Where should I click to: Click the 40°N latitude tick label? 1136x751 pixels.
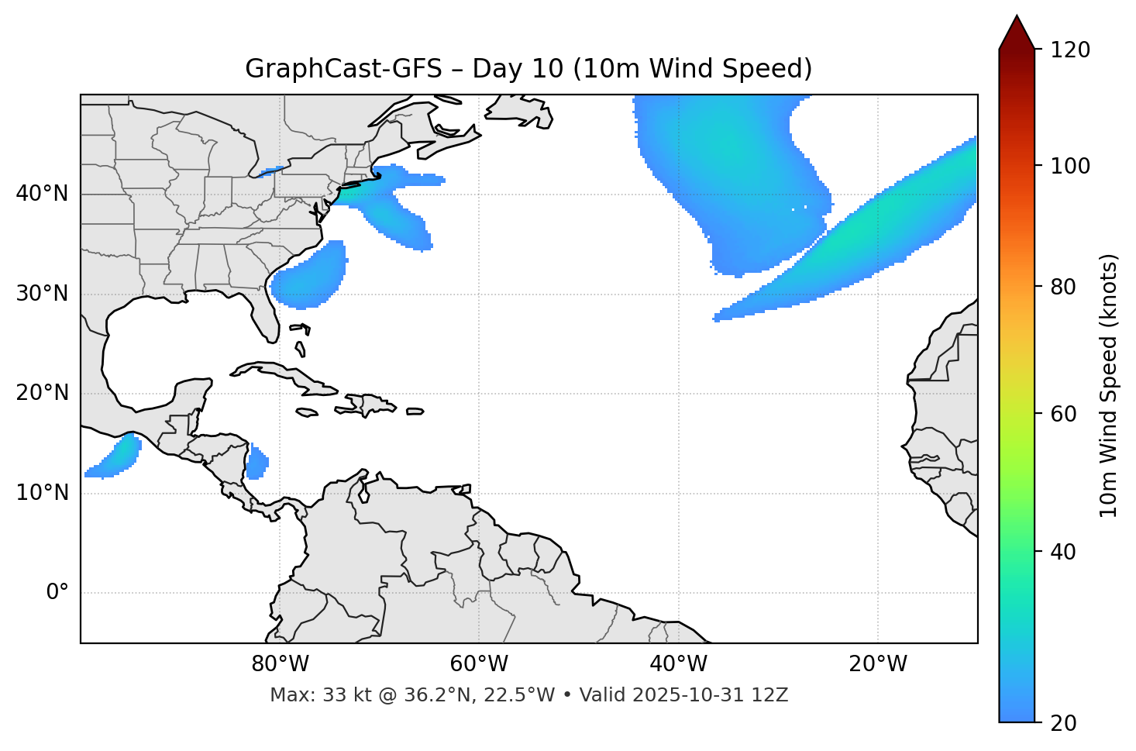(42, 194)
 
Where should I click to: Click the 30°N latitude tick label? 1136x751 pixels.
(42, 294)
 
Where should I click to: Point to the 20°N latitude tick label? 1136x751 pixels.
(42, 393)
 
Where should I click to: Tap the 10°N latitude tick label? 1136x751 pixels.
(42, 493)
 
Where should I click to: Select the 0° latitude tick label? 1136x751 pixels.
(57, 593)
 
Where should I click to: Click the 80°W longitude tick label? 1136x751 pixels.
(280, 664)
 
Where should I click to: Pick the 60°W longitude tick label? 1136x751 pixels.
(479, 664)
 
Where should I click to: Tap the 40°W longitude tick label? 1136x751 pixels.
(678, 664)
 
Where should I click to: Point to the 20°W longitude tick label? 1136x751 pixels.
(877, 664)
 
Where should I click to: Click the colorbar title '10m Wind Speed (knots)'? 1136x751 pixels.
(1109, 385)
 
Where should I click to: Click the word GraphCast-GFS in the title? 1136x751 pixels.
(343, 69)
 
